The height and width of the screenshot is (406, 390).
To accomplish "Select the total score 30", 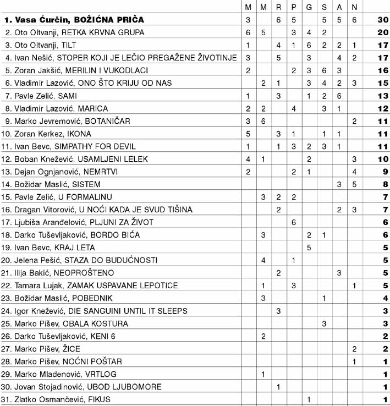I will tap(383, 20).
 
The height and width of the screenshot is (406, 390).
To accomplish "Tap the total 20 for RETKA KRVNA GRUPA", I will tap(383, 32).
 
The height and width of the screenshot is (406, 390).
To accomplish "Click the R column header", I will tap(279, 7).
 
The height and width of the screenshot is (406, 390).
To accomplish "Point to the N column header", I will tap(354, 7).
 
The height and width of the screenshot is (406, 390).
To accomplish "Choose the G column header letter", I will tap(309, 7).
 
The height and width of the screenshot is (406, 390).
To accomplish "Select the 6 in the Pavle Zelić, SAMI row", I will tap(339, 96).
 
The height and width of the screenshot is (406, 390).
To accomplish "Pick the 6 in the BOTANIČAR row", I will tap(263, 121).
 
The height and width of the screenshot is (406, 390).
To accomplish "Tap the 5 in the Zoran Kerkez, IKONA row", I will tap(249, 134).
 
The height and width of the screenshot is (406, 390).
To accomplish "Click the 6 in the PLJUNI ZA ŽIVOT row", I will tap(294, 222).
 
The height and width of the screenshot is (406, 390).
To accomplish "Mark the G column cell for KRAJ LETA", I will tap(309, 248).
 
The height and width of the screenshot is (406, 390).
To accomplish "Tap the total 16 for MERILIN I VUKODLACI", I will tap(383, 70).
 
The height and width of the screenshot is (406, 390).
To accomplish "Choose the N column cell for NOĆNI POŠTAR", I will tap(354, 361).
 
